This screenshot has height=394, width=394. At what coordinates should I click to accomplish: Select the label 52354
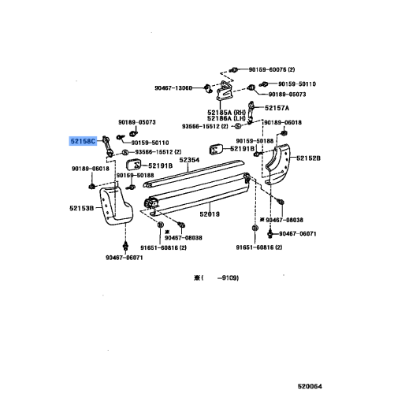point(189,159)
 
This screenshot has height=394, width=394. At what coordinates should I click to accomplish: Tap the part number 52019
point(210,214)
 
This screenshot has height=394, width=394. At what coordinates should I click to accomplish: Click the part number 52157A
point(277,107)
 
